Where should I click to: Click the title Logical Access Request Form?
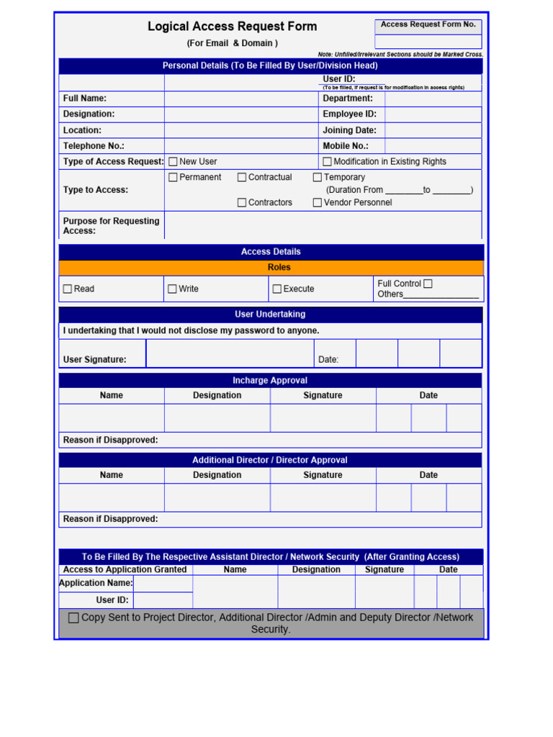[x=232, y=27]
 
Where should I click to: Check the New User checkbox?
[x=173, y=162]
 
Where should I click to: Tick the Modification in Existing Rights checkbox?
[x=327, y=162]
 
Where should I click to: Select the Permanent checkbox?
[x=173, y=177]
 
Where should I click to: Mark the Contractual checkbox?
[x=242, y=177]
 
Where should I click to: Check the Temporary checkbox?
[x=318, y=177]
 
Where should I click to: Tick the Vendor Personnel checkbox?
[x=318, y=203]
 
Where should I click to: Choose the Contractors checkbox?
[x=242, y=203]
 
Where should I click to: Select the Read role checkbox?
[x=68, y=289]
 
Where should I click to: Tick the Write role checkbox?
[x=172, y=289]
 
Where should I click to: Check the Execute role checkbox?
[x=277, y=289]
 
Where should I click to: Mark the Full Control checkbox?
[x=428, y=284]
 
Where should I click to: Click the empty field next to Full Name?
[x=241, y=99]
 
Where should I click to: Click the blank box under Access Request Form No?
[x=428, y=42]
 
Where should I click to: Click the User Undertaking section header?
[x=271, y=315]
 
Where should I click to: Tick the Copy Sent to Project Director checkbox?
[x=73, y=618]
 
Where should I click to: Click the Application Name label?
[x=96, y=583]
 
